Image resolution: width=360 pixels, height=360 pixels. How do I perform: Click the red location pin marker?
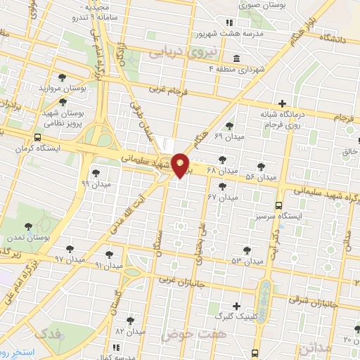(x=181, y=165)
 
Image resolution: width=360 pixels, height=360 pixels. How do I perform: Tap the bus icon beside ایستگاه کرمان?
(x=37, y=138)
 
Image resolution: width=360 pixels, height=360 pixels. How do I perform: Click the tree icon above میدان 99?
(x=96, y=172)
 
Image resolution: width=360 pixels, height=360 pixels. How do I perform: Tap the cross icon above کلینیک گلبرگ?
(x=237, y=306)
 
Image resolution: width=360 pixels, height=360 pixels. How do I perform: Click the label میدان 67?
(x=223, y=197)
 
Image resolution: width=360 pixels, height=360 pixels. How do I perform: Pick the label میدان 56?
(x=259, y=177)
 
